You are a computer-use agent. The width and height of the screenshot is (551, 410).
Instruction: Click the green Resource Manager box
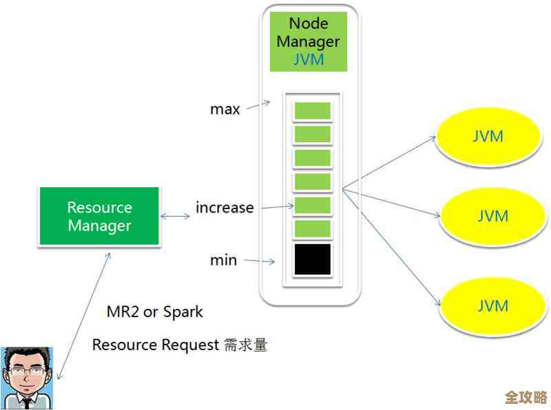[x=99, y=216]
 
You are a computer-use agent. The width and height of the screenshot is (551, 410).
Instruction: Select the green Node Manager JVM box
[x=308, y=41]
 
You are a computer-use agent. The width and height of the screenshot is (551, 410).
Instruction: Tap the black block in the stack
[x=312, y=259]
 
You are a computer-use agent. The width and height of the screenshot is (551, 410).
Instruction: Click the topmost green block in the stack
[x=312, y=111]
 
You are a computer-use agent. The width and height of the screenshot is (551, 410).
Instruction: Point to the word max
[x=225, y=109]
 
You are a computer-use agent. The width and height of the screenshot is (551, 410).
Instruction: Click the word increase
[x=225, y=207]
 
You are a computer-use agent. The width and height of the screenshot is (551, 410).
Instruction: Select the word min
[x=223, y=260]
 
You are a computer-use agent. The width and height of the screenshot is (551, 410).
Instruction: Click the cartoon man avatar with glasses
[x=26, y=378]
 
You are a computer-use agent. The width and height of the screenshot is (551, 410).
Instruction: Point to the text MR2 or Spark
[x=155, y=312]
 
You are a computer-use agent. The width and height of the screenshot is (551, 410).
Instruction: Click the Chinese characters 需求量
[x=245, y=345]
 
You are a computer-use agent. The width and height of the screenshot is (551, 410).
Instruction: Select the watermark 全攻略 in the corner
[x=526, y=398]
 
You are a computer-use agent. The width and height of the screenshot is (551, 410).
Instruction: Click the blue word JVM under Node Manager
[x=309, y=59]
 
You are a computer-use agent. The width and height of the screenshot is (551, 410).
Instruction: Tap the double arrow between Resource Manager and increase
[x=176, y=217]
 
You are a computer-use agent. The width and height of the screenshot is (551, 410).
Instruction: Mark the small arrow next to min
[x=260, y=261]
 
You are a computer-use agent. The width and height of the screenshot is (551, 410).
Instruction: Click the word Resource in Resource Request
[x=120, y=345]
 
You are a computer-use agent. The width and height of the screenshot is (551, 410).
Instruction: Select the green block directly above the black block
[x=312, y=228]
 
